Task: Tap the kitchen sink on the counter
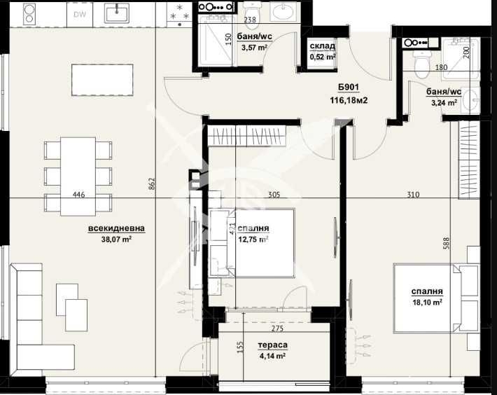pyautogui.click(x=116, y=13)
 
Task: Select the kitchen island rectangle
pyautogui.click(x=102, y=79)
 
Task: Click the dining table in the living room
pyautogui.click(x=78, y=176)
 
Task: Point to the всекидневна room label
pyautogui.click(x=116, y=229)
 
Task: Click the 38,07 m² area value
pyautogui.click(x=116, y=240)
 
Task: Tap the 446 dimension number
pyautogui.click(x=78, y=195)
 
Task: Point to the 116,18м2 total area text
pyautogui.click(x=349, y=101)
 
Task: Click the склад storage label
pyautogui.click(x=322, y=47)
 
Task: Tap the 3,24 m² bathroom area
pyautogui.click(x=443, y=102)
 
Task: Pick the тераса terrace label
pyautogui.click(x=272, y=345)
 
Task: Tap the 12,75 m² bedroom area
pyautogui.click(x=253, y=240)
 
